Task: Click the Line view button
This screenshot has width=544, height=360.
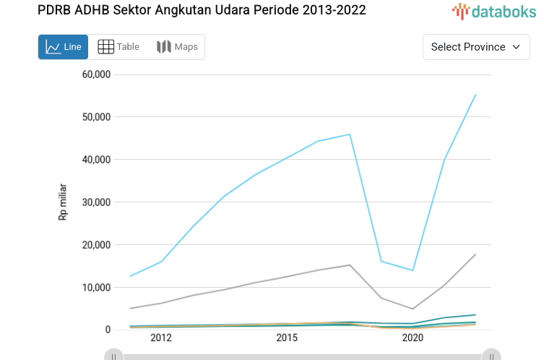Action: [x=63, y=47]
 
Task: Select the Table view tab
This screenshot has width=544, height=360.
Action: [x=118, y=47]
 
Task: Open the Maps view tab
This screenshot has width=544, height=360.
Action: [x=177, y=47]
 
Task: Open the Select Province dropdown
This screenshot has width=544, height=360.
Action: [x=475, y=47]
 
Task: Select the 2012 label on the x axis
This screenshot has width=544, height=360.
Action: [x=161, y=338]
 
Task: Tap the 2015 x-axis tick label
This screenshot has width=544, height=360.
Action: [x=287, y=338]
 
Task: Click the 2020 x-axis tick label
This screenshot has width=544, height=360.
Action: [x=413, y=338]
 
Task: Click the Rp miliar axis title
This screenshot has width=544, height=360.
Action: [x=63, y=202]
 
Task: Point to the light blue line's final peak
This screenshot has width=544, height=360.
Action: [x=475, y=95]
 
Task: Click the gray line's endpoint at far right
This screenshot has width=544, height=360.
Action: [x=475, y=254]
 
